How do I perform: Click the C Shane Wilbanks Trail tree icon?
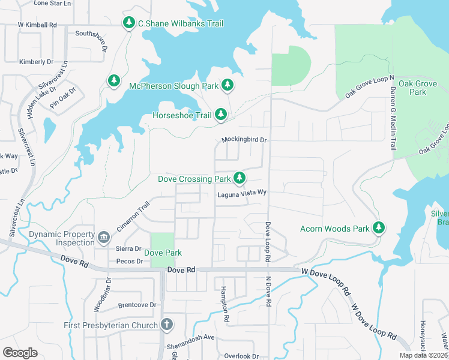point(128,23)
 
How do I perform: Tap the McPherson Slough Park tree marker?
point(228,86)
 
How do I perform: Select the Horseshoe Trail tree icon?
point(221,114)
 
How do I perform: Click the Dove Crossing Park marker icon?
point(240,178)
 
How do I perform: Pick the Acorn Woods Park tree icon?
point(378,227)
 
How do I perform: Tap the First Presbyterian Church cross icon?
point(167,325)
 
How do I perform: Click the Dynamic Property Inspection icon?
point(104,238)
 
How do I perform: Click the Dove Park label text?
point(163,253)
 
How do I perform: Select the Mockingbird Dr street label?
point(244,140)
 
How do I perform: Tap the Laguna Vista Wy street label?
point(241,193)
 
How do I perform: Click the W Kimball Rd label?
point(37,25)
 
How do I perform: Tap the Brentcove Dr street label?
point(137,305)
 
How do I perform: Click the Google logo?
point(20,353)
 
